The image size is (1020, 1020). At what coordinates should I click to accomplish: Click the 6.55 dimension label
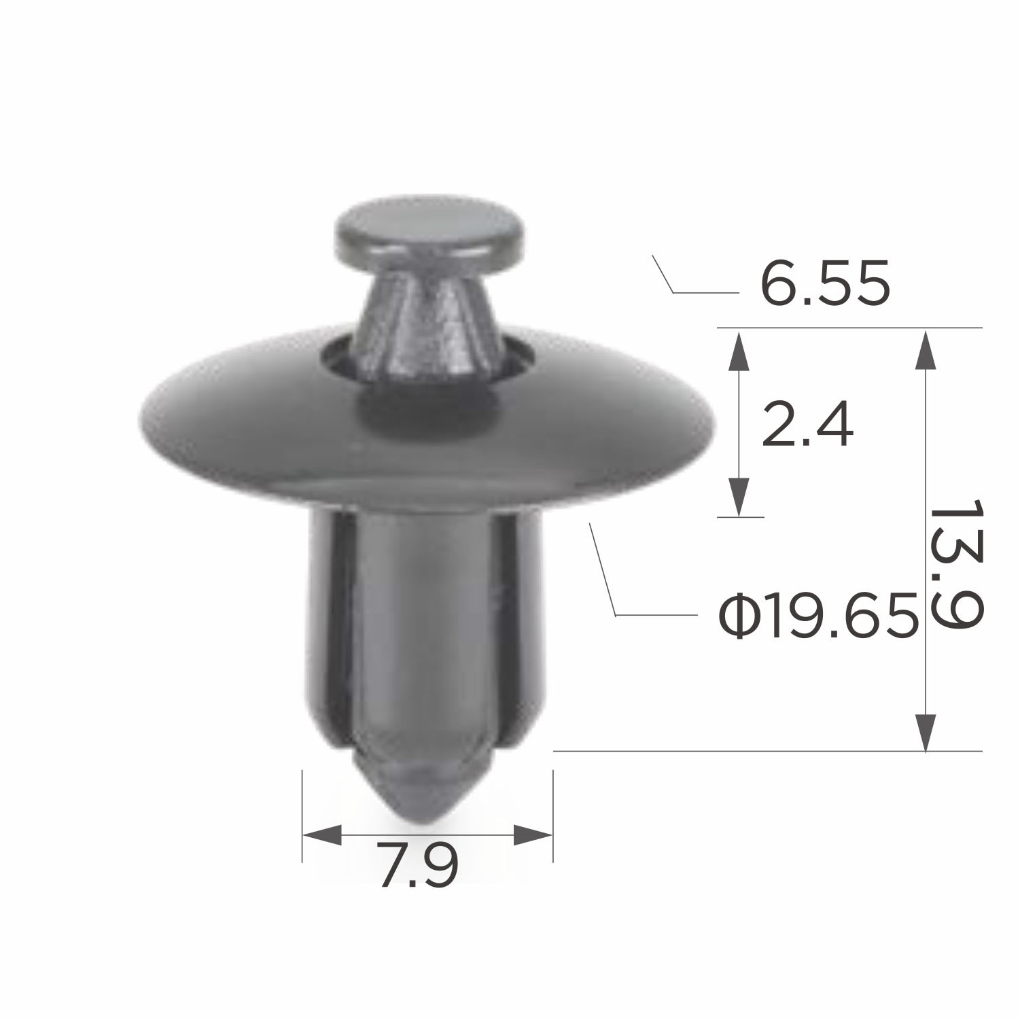pyautogui.click(x=824, y=283)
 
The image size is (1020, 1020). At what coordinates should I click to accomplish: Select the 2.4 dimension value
pyautogui.click(x=807, y=424)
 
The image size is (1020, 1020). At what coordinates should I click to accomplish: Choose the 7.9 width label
pyautogui.click(x=419, y=864)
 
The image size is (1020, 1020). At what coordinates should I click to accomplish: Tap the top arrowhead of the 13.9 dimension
pyautogui.click(x=925, y=350)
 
